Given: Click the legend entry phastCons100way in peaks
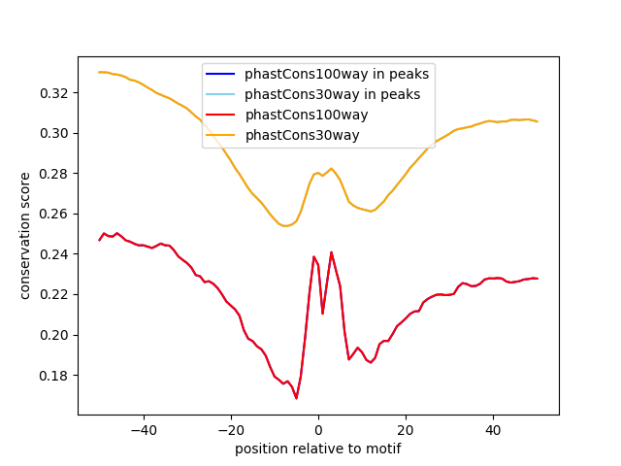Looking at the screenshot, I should (337, 73).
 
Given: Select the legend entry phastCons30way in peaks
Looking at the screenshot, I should (332, 94).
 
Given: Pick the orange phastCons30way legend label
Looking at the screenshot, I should (302, 135).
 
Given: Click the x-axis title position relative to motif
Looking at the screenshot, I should (318, 449).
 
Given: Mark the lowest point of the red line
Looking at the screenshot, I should (296, 398).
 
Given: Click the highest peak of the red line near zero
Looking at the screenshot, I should (331, 252).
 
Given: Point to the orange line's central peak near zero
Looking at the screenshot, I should (331, 168).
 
